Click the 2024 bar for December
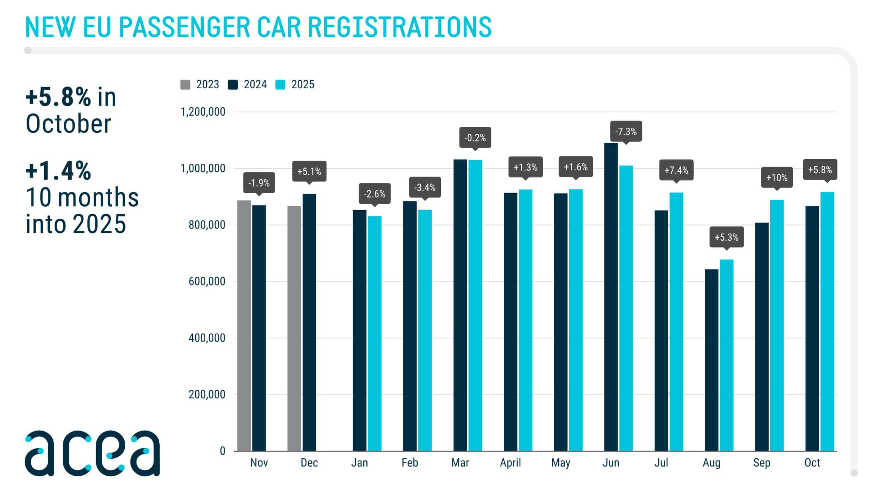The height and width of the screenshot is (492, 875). coord(309,322)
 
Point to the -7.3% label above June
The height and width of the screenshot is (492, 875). coord(626,132)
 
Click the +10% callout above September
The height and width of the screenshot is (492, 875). coord(777,177)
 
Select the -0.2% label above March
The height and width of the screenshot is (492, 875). coord(475,138)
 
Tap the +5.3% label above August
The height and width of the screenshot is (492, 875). coord(726,237)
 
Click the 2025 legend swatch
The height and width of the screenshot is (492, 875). coord(280,85)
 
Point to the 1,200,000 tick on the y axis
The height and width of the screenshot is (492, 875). coord(203,112)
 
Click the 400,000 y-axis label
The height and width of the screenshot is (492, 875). coord(207,338)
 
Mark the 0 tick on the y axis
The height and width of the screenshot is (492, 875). coord(223,451)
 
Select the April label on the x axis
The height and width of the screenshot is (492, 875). coord(510,463)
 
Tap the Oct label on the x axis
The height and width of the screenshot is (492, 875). coord(812,463)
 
